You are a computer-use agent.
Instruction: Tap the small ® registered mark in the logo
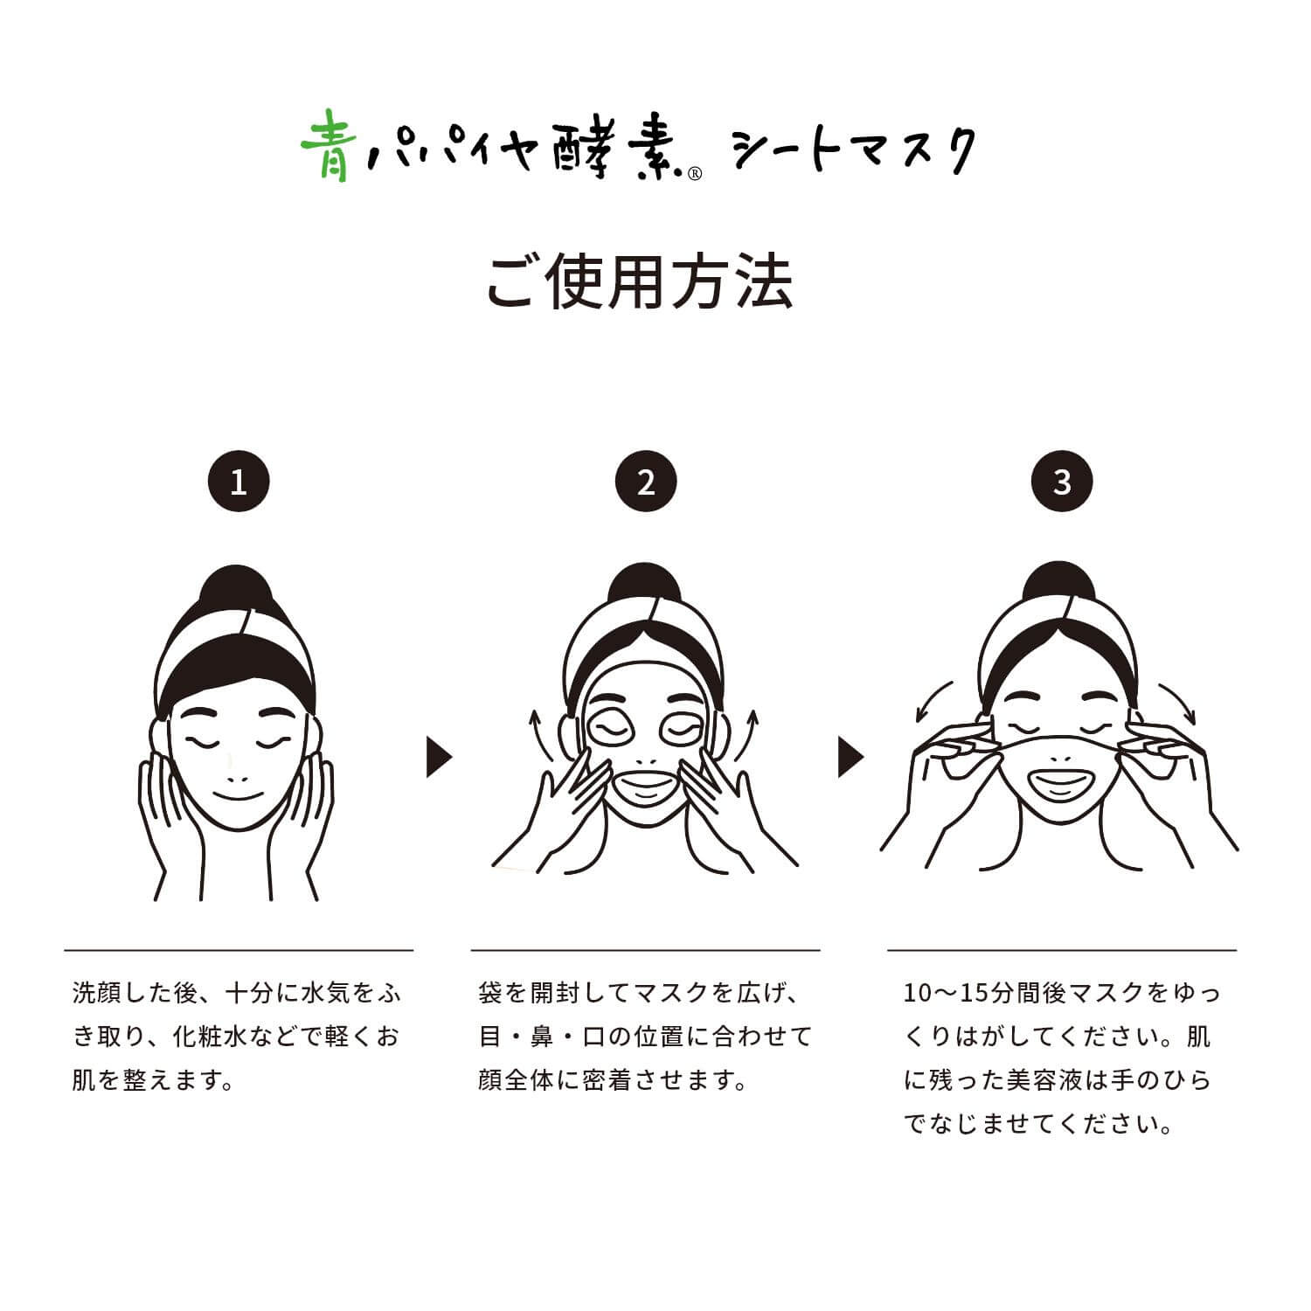[x=695, y=174]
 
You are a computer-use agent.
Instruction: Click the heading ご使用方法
[x=640, y=281]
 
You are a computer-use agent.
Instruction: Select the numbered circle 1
[x=239, y=482]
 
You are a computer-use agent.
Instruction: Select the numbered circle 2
[x=646, y=482]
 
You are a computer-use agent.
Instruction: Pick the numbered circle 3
[x=1062, y=482]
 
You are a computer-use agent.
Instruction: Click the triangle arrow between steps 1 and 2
[x=438, y=756]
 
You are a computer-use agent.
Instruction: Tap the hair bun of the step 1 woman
[x=239, y=587]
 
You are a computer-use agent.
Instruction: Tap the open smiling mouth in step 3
[x=1062, y=779]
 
